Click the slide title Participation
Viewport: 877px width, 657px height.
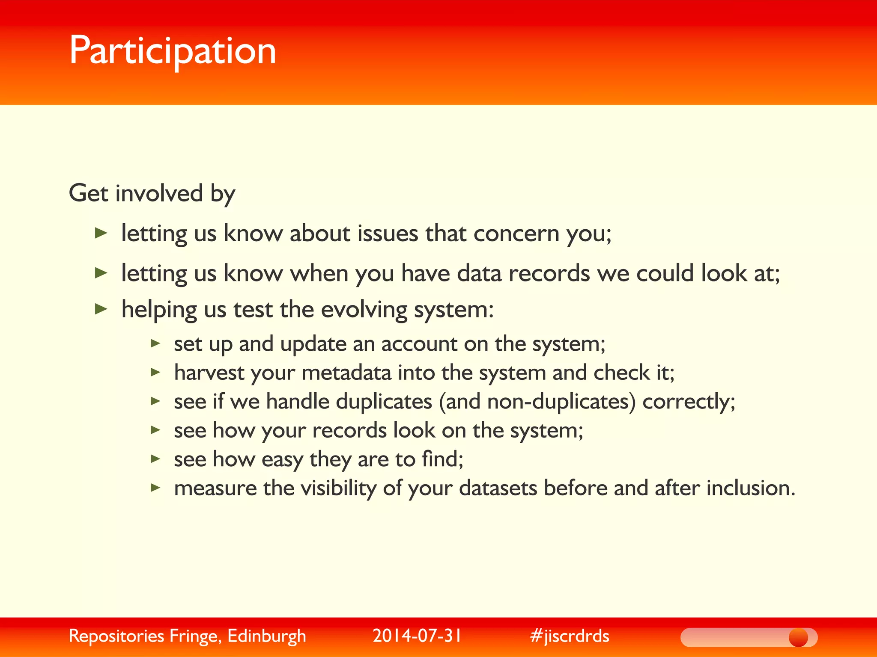click(x=172, y=51)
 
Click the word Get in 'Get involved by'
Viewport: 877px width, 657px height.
click(x=88, y=193)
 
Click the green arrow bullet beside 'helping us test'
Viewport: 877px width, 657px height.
click(x=101, y=308)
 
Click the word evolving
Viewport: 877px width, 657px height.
click(x=364, y=310)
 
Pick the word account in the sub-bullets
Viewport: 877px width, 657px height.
click(x=419, y=344)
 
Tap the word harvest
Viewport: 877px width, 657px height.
click(x=209, y=373)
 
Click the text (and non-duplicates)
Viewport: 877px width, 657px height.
click(x=537, y=402)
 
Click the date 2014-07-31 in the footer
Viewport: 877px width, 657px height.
click(x=417, y=636)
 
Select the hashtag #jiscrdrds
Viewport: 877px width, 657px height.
click(x=569, y=636)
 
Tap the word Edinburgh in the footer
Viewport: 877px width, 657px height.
click(x=266, y=636)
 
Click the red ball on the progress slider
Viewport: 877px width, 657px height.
click(x=798, y=637)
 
